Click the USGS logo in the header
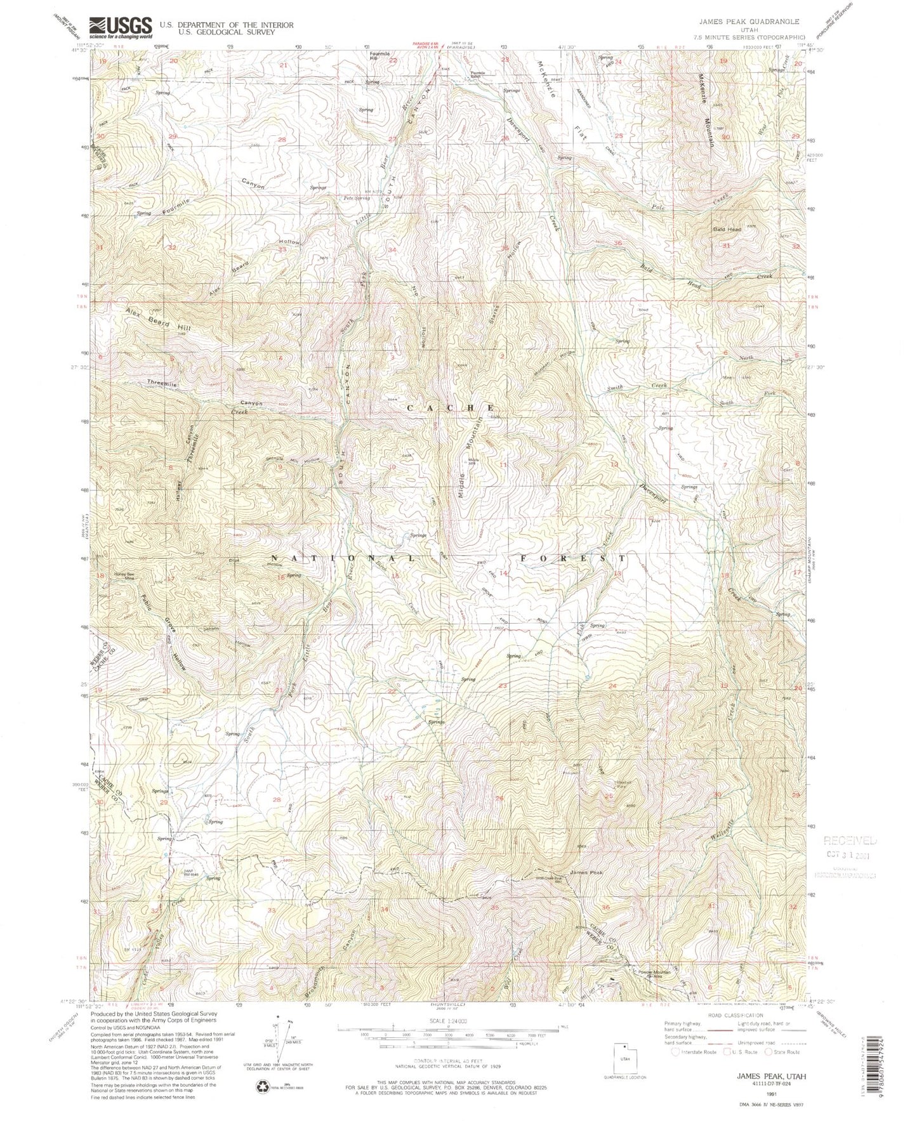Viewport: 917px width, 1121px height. coord(121,27)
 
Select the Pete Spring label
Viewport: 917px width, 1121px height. coord(357,199)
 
